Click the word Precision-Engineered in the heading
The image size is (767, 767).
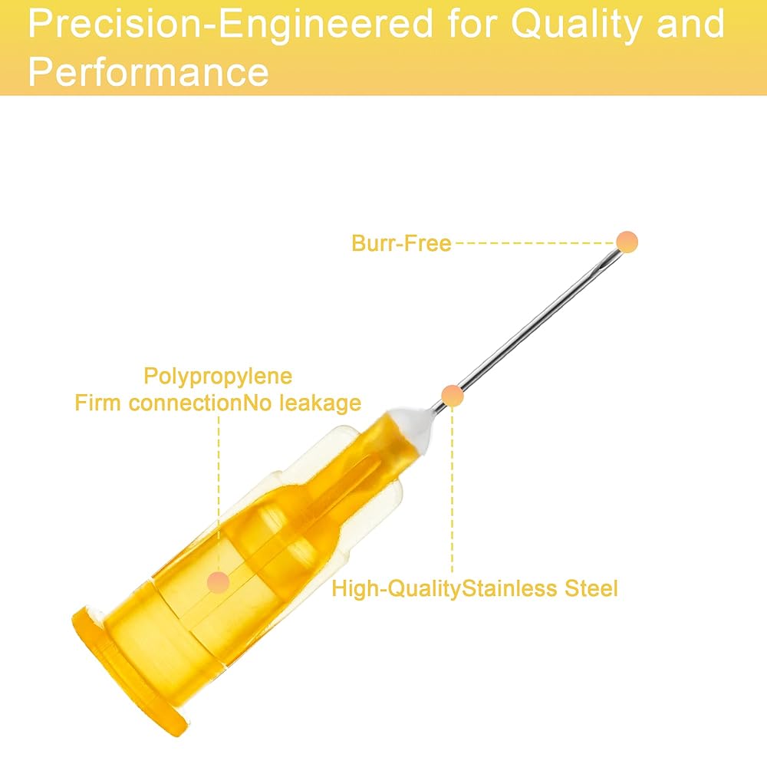click(x=231, y=24)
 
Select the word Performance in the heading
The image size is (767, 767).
click(x=149, y=71)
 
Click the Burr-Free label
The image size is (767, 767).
click(x=401, y=243)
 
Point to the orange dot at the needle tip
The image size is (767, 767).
click(x=627, y=242)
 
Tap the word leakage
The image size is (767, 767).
click(x=320, y=403)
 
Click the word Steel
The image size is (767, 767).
click(x=591, y=588)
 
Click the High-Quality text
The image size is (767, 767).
click(x=397, y=589)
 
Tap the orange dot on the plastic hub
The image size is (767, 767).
click(x=218, y=581)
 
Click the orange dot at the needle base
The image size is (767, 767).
click(x=452, y=395)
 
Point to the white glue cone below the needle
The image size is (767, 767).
click(x=414, y=425)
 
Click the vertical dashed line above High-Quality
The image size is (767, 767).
click(x=452, y=489)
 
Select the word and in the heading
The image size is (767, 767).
click(x=691, y=24)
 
